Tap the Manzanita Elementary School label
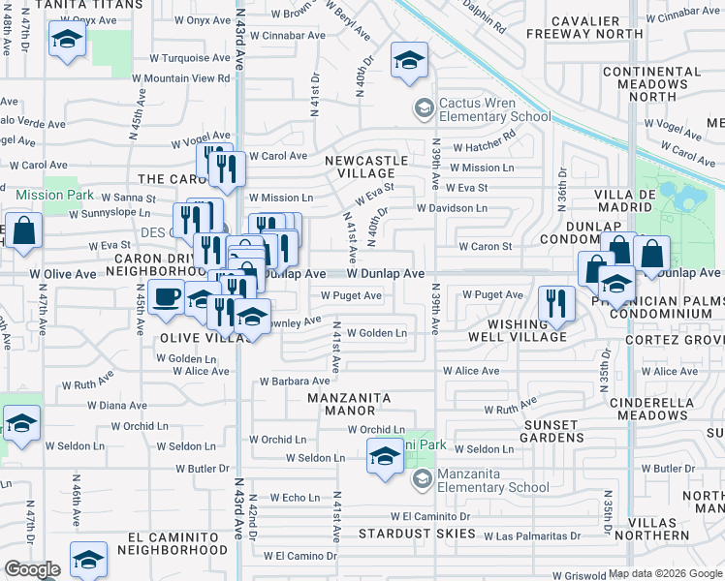coord(494,480)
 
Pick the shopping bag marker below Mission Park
coord(24,231)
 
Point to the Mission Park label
coord(55,195)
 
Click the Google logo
coord(33,569)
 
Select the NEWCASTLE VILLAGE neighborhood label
coord(360,166)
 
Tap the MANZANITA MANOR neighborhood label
coord(349,404)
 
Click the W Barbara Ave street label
coord(295,382)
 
